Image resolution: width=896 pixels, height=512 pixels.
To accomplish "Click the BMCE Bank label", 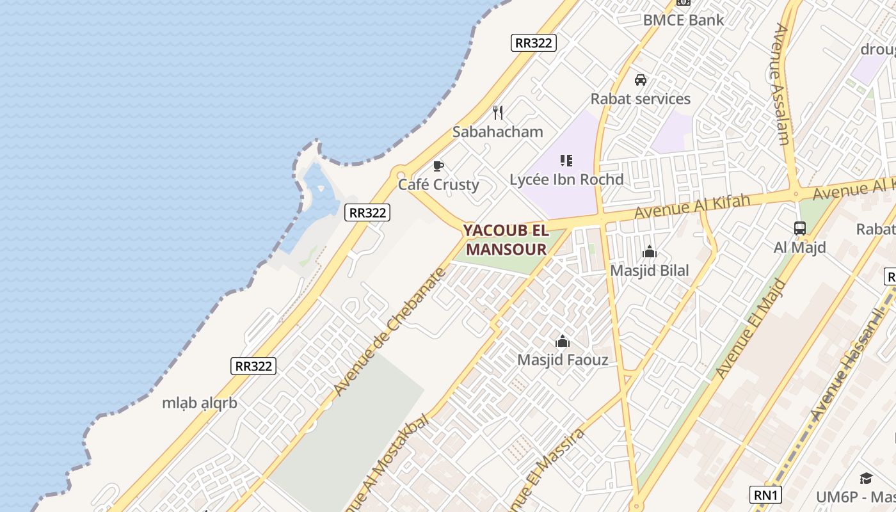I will click(x=684, y=20).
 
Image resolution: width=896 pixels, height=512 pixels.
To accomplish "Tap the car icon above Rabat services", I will click(x=640, y=80).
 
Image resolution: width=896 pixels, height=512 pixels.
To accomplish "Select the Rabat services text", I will click(x=640, y=99).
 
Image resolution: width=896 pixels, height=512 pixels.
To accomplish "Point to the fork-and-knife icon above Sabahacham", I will click(x=498, y=113).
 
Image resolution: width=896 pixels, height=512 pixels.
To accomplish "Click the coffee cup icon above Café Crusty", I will click(x=438, y=166).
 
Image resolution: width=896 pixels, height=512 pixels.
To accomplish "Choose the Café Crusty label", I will click(x=438, y=185).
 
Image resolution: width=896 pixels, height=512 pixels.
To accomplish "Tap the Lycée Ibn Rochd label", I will click(x=566, y=180).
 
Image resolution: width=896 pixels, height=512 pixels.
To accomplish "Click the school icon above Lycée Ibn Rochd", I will click(x=566, y=161).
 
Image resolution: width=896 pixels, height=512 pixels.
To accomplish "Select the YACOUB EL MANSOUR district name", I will click(x=506, y=239).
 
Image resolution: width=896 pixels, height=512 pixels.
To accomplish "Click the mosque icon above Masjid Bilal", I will click(x=650, y=252).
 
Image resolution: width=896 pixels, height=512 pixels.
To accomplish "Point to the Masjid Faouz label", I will click(x=563, y=360).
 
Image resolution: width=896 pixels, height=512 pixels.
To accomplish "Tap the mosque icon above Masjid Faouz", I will click(x=563, y=341).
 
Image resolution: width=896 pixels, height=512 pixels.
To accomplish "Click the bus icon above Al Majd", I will click(x=800, y=228).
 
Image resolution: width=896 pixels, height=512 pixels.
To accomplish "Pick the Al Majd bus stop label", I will click(x=800, y=248).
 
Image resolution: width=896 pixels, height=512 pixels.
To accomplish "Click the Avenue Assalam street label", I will click(x=781, y=84).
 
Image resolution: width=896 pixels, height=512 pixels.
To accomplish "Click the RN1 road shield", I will click(x=765, y=495).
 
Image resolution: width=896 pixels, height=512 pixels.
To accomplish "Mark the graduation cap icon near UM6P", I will click(x=866, y=478).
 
